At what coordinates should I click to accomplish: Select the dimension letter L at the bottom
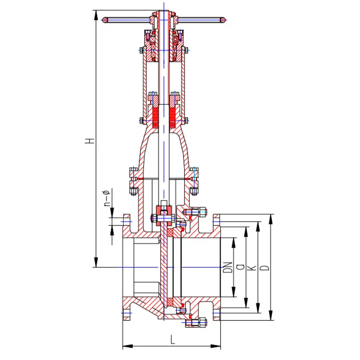[172, 339]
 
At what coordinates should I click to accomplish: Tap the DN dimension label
[228, 267]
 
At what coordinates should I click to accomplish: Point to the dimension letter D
[265, 268]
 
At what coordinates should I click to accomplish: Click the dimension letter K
[252, 268]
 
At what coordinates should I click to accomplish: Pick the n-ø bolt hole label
[108, 198]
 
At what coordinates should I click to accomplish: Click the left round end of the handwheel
[105, 20]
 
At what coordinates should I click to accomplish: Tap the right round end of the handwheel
[222, 20]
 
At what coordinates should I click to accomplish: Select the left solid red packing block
[156, 118]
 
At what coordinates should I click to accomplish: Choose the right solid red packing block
[172, 118]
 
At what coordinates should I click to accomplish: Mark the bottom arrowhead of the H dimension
[96, 262]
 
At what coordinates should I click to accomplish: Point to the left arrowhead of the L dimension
[128, 346]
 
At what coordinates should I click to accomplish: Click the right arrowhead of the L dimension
[216, 346]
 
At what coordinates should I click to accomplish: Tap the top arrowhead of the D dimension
[271, 219]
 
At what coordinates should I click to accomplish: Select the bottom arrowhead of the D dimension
[271, 315]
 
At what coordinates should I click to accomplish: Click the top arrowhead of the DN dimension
[234, 243]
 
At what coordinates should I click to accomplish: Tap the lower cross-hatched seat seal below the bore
[170, 301]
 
